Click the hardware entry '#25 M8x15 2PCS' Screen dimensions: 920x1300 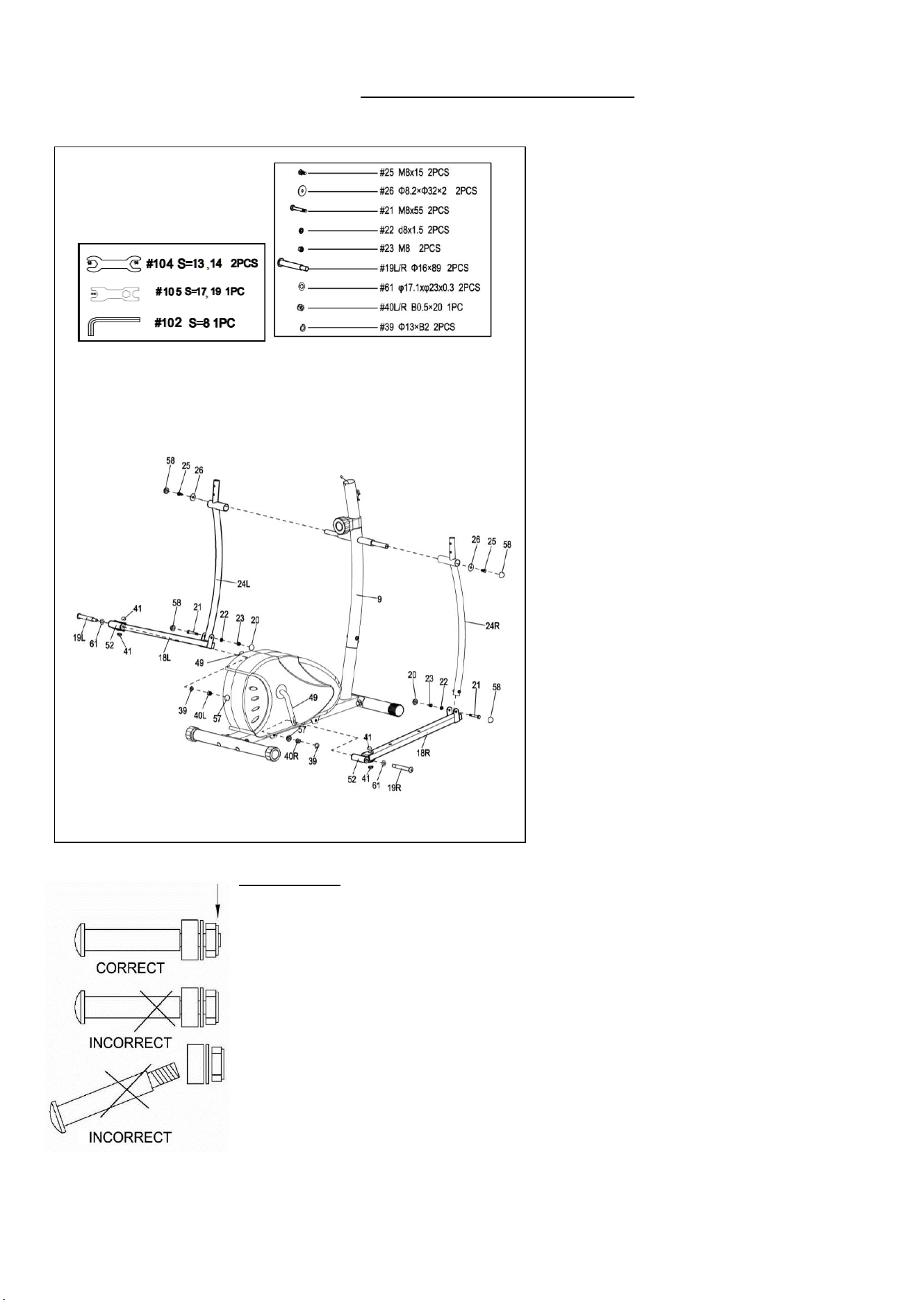[414, 172]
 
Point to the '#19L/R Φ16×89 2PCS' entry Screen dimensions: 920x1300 [424, 267]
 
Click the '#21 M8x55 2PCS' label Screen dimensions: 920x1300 [414, 210]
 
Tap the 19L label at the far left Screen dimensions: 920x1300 [80, 637]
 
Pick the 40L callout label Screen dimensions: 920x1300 [200, 715]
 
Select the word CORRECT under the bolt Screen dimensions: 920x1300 [130, 967]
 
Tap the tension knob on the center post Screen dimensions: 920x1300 [343, 526]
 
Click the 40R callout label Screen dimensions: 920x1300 [292, 756]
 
